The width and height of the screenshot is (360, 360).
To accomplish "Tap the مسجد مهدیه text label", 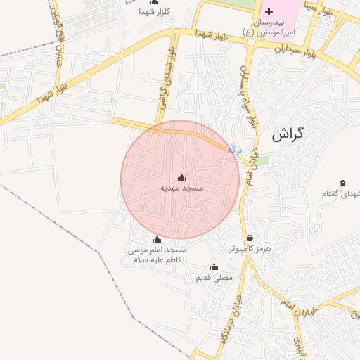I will coord(182,188).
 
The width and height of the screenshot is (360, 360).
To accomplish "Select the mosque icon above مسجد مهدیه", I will coord(182,177).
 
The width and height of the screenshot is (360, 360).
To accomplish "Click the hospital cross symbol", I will coord(269,12).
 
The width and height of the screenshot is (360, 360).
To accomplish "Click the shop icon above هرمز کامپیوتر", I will coord(250,238).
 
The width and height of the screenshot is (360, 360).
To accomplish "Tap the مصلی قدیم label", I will coord(214,278).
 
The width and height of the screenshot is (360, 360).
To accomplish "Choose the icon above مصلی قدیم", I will coord(214,266).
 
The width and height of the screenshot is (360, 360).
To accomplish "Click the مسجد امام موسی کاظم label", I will coord(157,255).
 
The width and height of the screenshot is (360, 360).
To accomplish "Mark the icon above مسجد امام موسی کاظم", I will coord(157,240).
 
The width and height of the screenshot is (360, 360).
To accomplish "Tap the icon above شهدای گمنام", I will coord(342,184).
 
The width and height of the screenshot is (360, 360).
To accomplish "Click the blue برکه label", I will coord(235,148).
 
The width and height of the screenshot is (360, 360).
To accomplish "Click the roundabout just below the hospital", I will coord(251,41).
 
